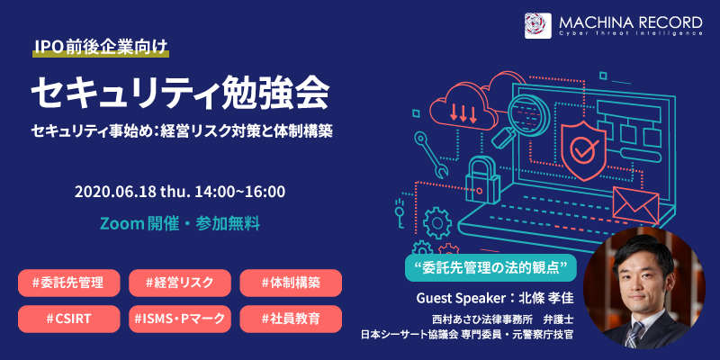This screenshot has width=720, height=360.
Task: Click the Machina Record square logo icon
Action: coord(537,26)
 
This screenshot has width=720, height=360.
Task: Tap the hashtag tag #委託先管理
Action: coord(69,283)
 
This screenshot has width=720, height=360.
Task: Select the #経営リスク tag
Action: coord(179,283)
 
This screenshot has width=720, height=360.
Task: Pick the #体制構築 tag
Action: coord(291,283)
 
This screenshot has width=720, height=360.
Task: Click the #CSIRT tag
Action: coord(69,319)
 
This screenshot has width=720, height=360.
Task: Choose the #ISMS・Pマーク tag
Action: coord(179,319)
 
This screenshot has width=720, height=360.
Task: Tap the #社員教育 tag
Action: coord(291,319)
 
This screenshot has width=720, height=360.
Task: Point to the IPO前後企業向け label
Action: coord(101,48)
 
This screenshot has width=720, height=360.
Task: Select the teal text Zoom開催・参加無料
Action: coord(180,223)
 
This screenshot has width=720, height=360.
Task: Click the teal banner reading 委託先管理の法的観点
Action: coord(490,267)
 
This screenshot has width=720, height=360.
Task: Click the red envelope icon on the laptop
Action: coord(635,204)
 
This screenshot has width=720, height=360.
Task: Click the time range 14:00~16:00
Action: coord(239,192)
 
